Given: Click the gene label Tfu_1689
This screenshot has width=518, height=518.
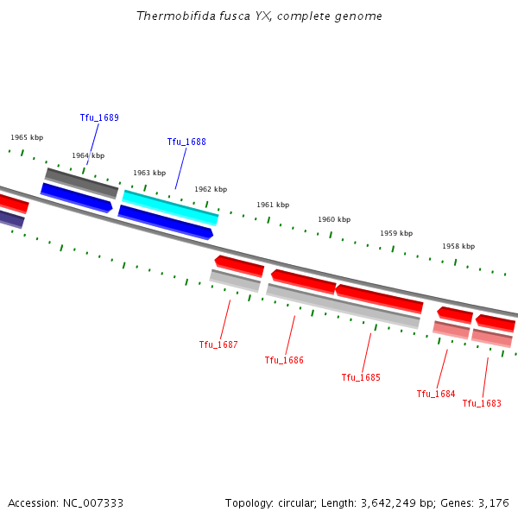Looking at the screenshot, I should click(x=99, y=117).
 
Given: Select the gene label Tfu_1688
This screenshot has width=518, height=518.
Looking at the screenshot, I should click(x=186, y=142).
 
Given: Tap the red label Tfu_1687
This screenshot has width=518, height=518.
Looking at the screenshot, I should click(x=218, y=344).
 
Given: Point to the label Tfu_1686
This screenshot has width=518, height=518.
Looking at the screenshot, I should click(x=284, y=360).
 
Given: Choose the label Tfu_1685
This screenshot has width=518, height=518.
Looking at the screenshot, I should click(x=361, y=377).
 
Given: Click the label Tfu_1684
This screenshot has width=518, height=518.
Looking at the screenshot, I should click(x=436, y=394).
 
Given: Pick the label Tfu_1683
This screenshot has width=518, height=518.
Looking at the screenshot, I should click(x=482, y=403).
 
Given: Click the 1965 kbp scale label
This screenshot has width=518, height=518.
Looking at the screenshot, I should click(x=27, y=137).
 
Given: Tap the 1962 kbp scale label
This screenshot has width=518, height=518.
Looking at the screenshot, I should click(x=211, y=189).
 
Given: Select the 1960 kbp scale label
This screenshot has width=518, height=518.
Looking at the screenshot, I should click(x=334, y=220).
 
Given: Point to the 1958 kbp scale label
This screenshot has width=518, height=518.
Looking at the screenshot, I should click(x=458, y=246).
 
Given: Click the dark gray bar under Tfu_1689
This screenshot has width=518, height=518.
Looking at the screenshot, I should click(x=81, y=182).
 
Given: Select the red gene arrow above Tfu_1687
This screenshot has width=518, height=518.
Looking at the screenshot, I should click(x=239, y=265).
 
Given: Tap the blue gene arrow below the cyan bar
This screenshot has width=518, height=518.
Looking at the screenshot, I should click(x=165, y=222).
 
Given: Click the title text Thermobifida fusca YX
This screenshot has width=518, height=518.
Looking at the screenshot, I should click(x=203, y=16).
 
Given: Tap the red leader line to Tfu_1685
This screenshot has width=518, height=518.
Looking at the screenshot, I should click(x=366, y=351).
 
